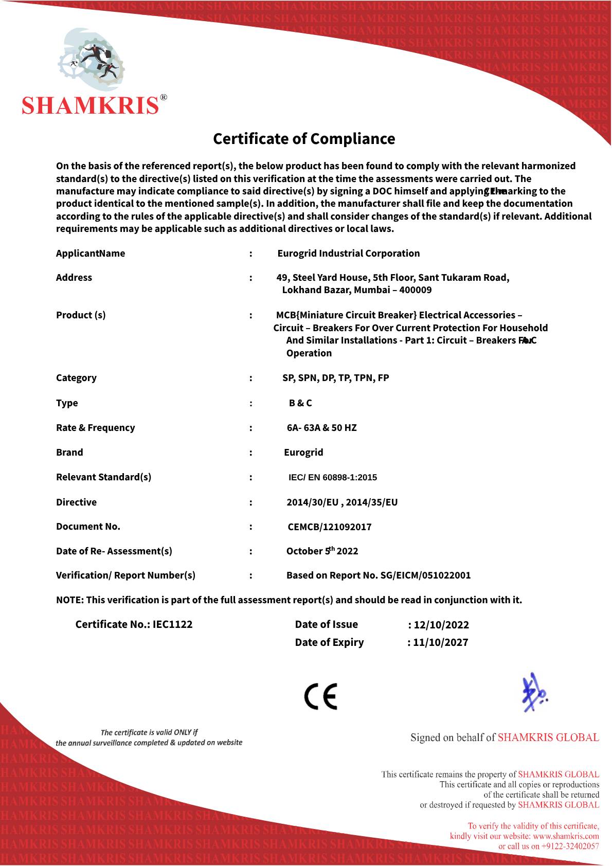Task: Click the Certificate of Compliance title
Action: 304,139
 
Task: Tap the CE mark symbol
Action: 320,697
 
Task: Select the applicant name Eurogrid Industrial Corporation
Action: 348,254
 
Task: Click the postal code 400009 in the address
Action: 416,290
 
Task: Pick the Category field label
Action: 76,378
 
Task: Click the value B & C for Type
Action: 300,403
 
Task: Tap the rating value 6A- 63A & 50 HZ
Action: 321,428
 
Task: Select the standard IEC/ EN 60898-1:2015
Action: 333,478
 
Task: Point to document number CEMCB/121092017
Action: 329,527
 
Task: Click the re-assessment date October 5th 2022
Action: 322,551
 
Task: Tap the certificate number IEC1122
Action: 172,624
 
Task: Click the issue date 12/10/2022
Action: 441,625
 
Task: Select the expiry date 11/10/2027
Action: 440,642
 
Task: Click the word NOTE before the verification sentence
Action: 69,600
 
